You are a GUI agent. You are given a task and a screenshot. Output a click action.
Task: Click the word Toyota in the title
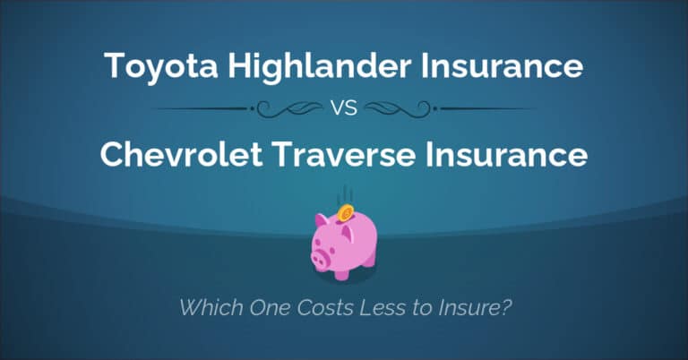148,66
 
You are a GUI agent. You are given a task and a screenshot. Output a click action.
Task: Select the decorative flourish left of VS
287,110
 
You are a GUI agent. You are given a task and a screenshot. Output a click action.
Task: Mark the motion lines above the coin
344,195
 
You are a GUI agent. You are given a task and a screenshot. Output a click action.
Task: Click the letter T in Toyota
112,65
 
